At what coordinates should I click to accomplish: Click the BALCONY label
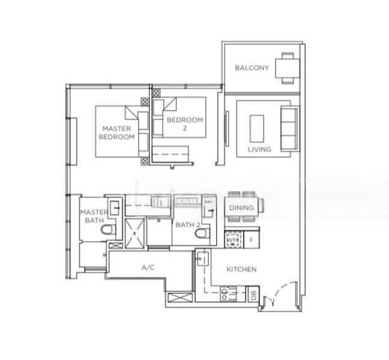(x=252, y=68)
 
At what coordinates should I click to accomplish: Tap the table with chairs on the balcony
(x=286, y=67)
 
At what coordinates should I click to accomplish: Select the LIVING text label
(x=259, y=149)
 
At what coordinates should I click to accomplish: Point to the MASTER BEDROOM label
(x=116, y=133)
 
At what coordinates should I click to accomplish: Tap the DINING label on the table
(x=242, y=208)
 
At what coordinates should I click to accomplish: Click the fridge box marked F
(x=251, y=241)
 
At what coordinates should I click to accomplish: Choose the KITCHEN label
(x=242, y=269)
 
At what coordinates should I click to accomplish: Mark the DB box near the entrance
(x=253, y=295)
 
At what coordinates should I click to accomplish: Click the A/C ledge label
(x=148, y=268)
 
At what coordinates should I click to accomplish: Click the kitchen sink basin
(x=202, y=259)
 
